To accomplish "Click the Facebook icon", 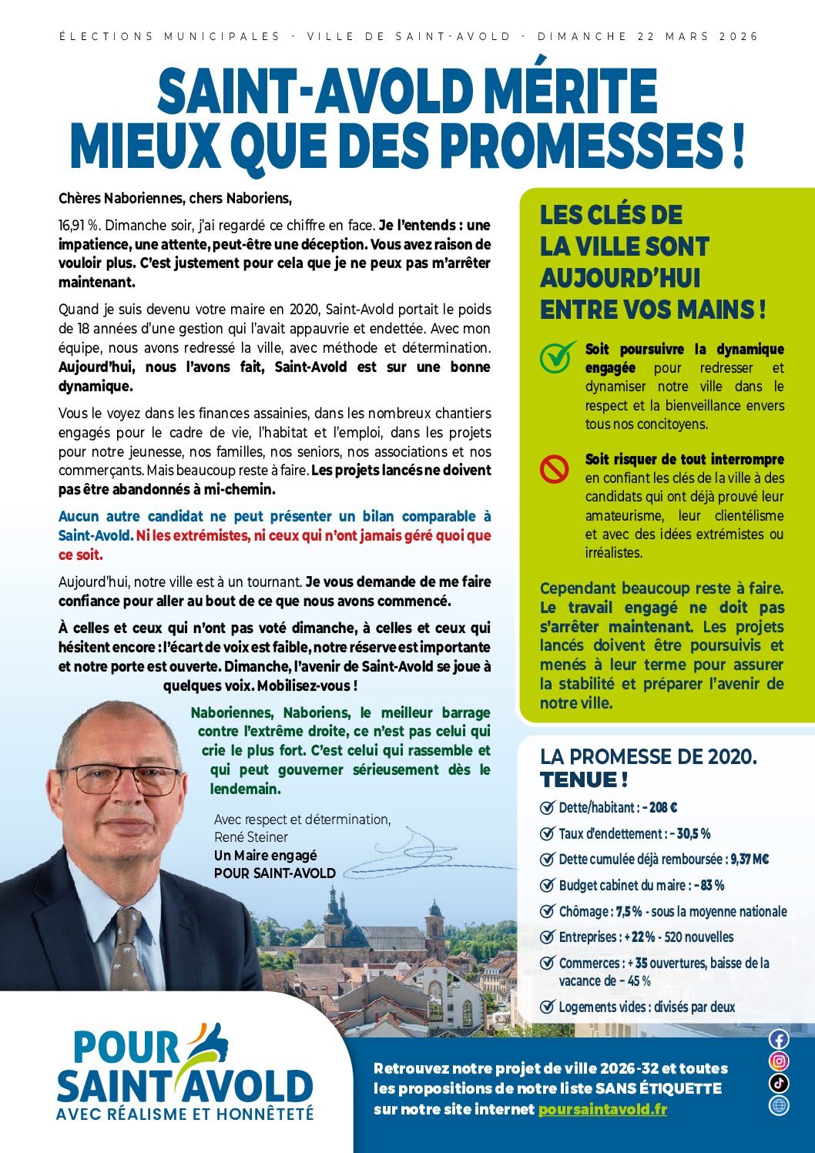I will click(779, 1039).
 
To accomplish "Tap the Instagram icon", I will click(779, 1061).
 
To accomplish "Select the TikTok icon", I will click(779, 1083).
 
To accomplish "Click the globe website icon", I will click(779, 1105).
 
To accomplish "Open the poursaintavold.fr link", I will click(602, 1109).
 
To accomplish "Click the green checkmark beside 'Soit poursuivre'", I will click(557, 357).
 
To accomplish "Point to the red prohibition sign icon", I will click(554, 468).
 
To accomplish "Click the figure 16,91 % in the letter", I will click(79, 226).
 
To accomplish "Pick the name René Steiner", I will click(251, 837).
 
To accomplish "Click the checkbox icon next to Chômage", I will click(547, 911).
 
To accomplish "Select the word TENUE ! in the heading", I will click(584, 780).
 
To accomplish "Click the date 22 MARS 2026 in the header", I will click(698, 36).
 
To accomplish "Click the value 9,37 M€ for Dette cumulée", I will click(750, 860).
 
